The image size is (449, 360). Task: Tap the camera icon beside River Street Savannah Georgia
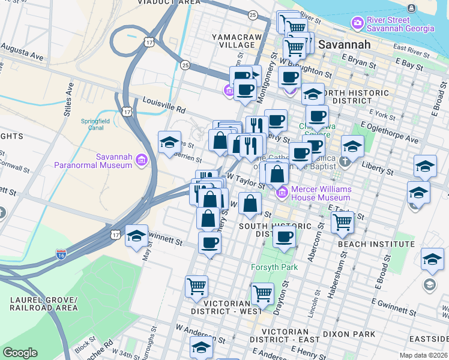coord(358,23)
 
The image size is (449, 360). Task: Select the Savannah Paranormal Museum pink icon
coord(140,160)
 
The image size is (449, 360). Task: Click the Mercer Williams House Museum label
coord(321,193)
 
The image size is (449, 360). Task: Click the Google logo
coord(20,353)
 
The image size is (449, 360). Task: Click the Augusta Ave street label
coord(22,51)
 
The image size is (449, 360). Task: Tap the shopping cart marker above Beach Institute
coord(342,222)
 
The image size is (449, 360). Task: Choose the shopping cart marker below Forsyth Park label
coord(262,293)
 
